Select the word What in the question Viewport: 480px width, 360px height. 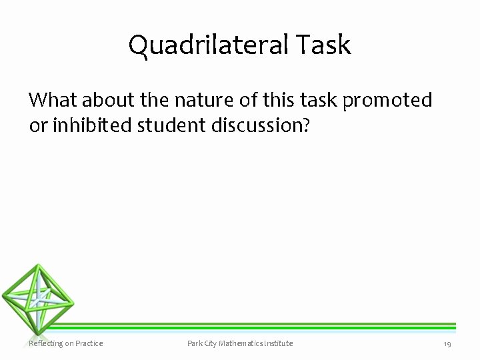49,100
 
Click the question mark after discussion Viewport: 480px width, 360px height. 306,125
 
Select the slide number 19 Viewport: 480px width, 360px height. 447,343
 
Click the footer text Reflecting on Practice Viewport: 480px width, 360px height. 65,343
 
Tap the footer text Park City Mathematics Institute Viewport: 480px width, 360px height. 240,343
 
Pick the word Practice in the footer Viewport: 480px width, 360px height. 89,343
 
